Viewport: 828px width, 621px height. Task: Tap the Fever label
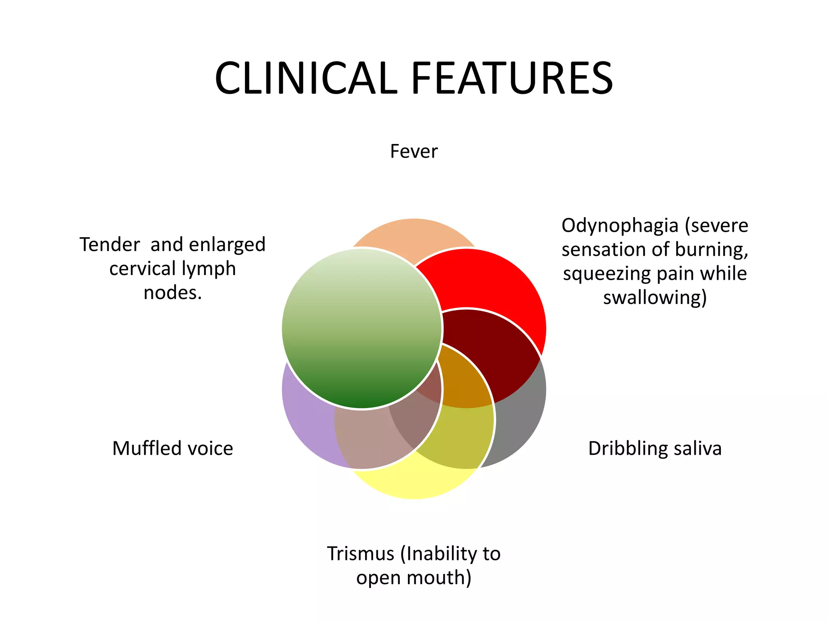[414, 152]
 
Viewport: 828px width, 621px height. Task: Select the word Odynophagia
[620, 226]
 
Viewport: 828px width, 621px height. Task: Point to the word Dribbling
[625, 448]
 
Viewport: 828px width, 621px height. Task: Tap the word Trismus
[360, 553]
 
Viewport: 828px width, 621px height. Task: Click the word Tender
[110, 245]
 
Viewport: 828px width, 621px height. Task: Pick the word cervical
[143, 269]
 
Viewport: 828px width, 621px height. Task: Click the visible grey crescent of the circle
[522, 420]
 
